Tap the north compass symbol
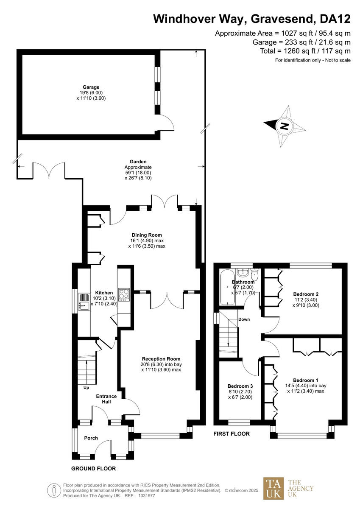[285, 126]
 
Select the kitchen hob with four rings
[124, 294]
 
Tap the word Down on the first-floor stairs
[244, 319]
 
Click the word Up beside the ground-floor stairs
[86, 388]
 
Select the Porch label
[91, 438]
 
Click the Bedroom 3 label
[240, 386]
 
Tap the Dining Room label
[147, 235]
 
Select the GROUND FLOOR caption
[93, 469]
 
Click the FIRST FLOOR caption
[232, 434]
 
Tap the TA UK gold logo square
[273, 488]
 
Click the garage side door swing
[167, 123]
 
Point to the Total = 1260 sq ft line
[305, 51]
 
